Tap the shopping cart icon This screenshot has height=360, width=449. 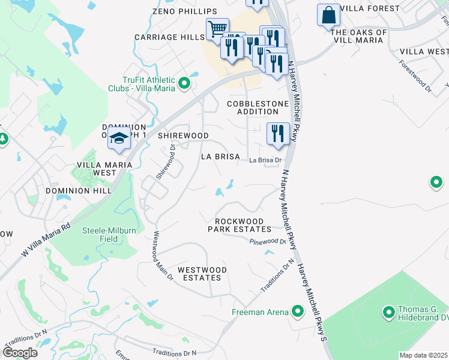[217, 29]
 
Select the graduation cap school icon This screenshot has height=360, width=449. [119, 138]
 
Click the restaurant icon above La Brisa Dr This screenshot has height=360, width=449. [278, 133]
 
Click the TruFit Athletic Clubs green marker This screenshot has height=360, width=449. [184, 84]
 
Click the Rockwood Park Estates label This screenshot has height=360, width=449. [240, 224]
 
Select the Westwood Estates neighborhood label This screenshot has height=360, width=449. [198, 273]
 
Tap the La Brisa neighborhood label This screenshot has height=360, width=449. [220, 157]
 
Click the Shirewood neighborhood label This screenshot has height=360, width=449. [183, 136]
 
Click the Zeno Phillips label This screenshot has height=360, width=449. [176, 11]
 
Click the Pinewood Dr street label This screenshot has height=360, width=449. [268, 241]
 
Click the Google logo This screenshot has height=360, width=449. [20, 353]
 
